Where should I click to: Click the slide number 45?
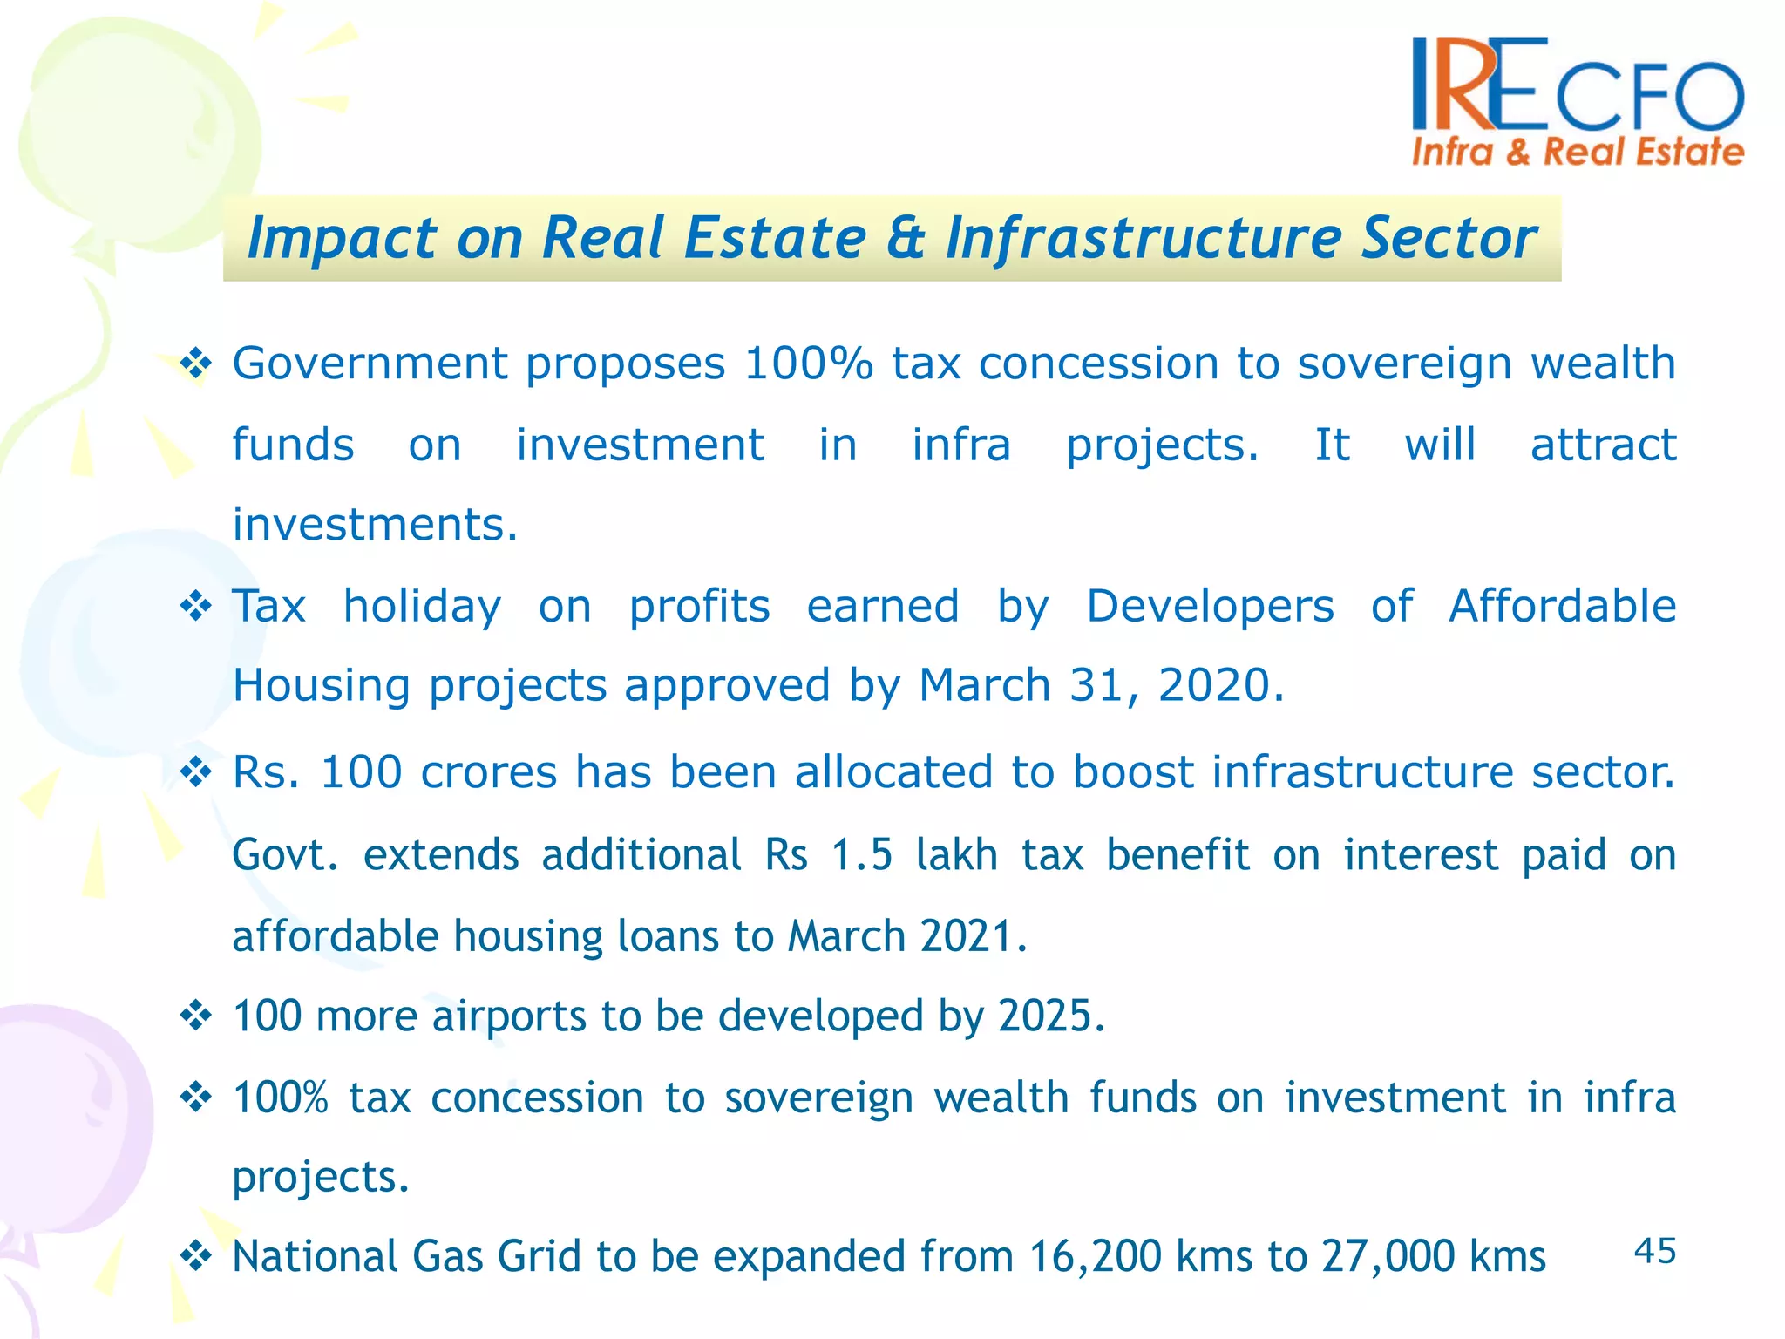pyautogui.click(x=1654, y=1251)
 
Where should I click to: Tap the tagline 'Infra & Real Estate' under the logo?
pyautogui.click(x=1577, y=153)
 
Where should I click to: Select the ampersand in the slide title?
pyautogui.click(x=906, y=238)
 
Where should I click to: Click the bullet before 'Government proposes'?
pyautogui.click(x=196, y=364)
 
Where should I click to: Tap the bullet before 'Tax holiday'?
pyautogui.click(x=196, y=606)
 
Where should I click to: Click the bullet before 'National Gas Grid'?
pyautogui.click(x=196, y=1257)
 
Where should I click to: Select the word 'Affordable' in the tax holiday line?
pyautogui.click(x=1562, y=606)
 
